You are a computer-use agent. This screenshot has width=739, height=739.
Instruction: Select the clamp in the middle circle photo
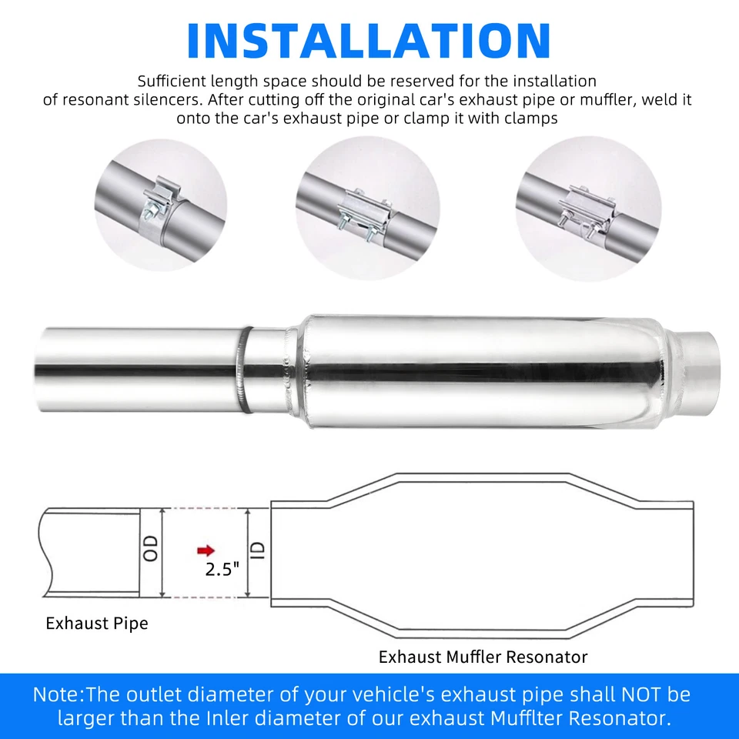pos(366,208)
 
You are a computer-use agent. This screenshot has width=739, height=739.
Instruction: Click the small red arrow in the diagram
pos(205,550)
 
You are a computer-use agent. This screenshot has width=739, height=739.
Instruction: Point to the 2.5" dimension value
pos(222,570)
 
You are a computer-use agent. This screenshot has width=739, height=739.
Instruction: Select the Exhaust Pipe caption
pos(96,623)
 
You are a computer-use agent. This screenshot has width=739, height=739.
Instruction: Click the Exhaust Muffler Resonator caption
pos(483,657)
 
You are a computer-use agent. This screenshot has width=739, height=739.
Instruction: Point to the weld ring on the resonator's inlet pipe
pos(244,369)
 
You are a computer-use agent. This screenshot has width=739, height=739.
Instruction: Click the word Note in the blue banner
pos(56,694)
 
